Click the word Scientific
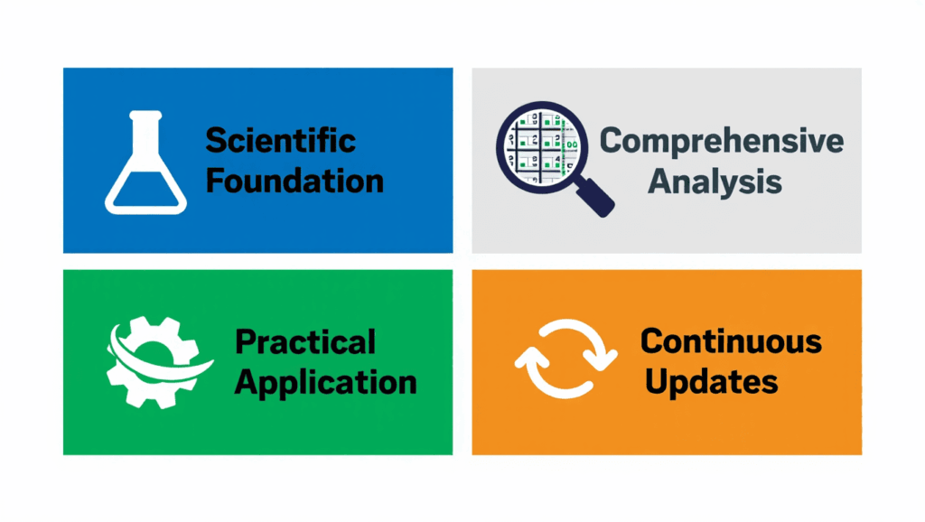[x=280, y=141]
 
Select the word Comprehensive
[x=722, y=142]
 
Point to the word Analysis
[x=715, y=181]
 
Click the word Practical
[x=304, y=342]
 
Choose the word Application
[x=325, y=381]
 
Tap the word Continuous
[x=731, y=341]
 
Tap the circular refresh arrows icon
[x=565, y=360]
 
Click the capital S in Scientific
[x=216, y=141]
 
